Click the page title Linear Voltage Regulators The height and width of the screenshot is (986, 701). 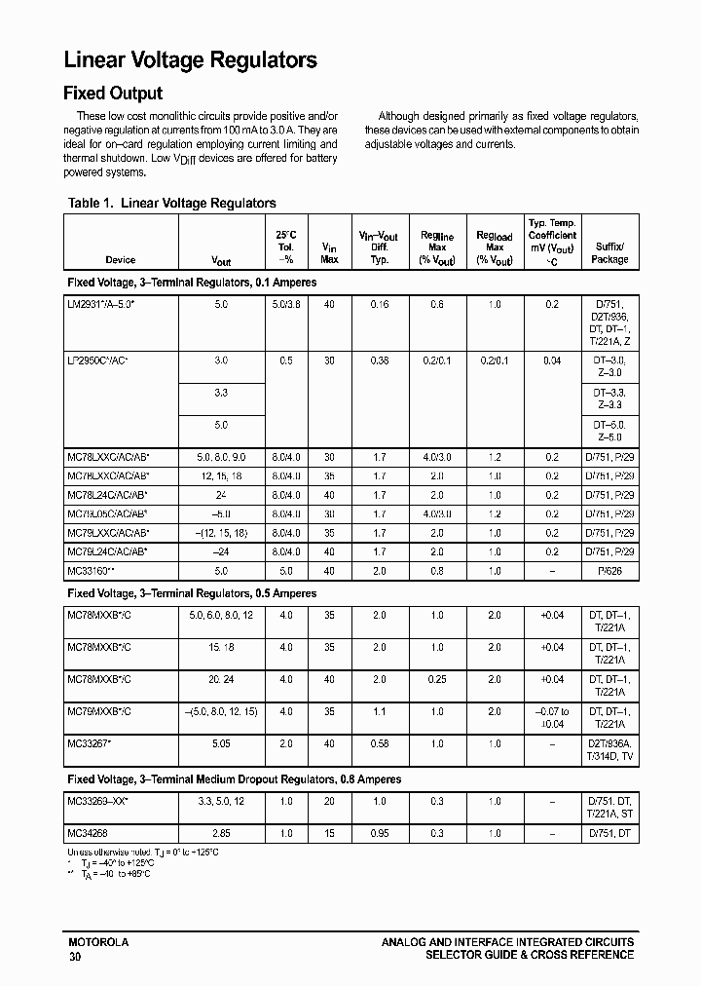tap(191, 60)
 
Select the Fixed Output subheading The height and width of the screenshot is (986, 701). tap(113, 94)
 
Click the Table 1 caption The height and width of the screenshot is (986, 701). tap(172, 203)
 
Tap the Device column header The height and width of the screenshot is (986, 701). tap(121, 260)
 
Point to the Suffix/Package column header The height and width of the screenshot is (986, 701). tap(609, 253)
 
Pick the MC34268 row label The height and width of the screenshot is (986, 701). tap(88, 833)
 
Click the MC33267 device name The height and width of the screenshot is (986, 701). tap(90, 743)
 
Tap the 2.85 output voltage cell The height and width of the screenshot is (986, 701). tap(221, 833)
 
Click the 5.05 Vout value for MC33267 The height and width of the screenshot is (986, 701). tap(221, 743)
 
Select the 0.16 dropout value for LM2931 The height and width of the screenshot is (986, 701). tap(379, 305)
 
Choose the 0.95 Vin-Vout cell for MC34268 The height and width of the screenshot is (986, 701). tap(379, 833)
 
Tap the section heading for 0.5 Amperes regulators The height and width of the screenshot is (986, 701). tap(192, 593)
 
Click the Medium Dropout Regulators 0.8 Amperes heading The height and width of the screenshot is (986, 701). tap(234, 779)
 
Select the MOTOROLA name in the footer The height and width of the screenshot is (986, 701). tap(98, 942)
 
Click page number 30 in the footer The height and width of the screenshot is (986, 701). tap(76, 958)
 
